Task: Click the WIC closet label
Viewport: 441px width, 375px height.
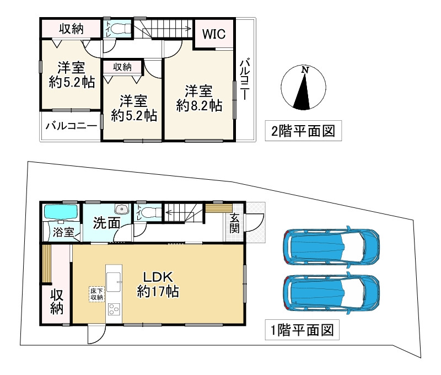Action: [x=213, y=35]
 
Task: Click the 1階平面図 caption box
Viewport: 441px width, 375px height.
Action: [x=301, y=331]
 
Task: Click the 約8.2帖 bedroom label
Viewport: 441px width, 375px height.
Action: [x=199, y=98]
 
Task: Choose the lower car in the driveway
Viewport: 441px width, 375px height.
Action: [x=331, y=293]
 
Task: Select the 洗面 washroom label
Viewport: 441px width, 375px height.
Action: [x=106, y=223]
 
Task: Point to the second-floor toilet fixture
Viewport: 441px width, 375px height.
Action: [x=118, y=29]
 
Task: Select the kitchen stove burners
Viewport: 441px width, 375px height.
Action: [x=112, y=310]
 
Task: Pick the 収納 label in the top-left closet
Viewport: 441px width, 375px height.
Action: [x=71, y=29]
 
